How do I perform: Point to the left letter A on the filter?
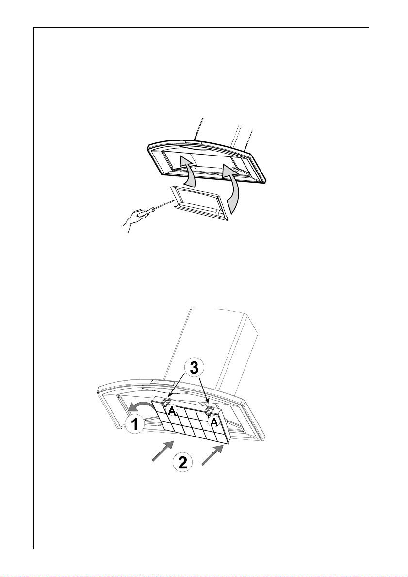click(x=172, y=411)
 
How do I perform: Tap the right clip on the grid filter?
click(x=211, y=411)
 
